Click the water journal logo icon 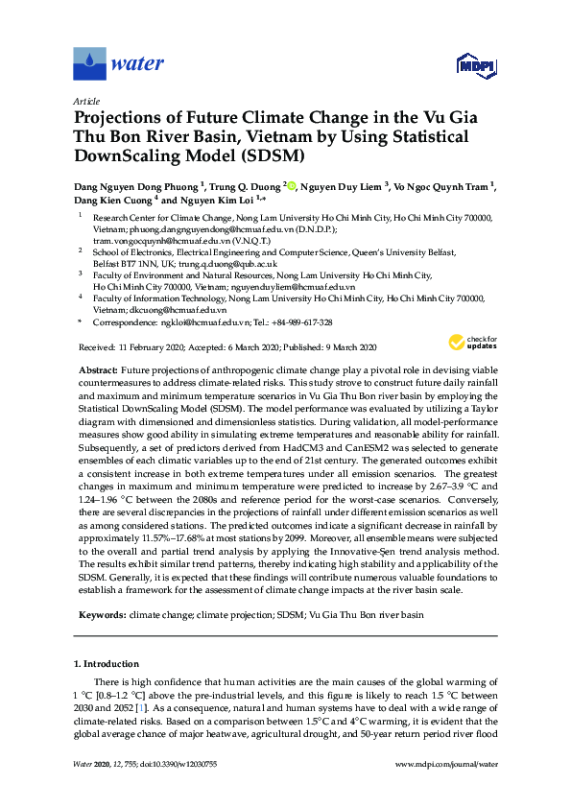89,63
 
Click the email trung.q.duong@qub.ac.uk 229,263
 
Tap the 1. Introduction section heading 111,664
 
